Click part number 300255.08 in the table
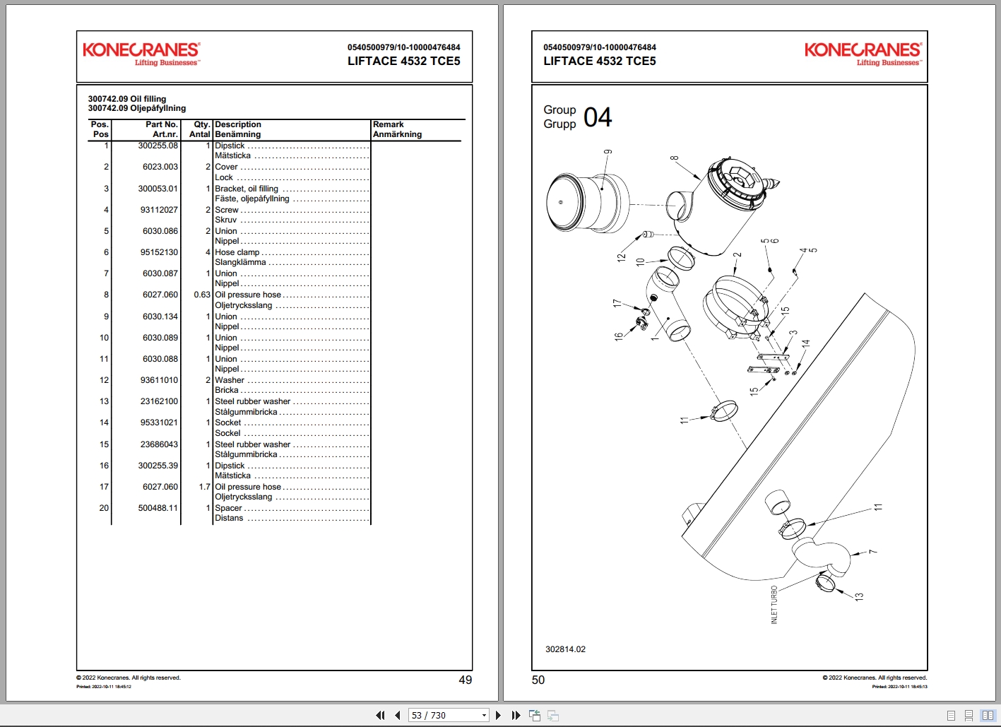coord(158,146)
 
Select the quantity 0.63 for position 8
coord(202,295)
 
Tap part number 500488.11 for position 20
coord(158,508)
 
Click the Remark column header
coord(389,124)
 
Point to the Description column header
coord(238,124)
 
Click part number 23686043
coord(159,444)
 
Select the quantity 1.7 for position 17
coord(205,487)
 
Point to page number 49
coord(465,680)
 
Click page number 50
coord(538,680)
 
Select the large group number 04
coord(598,117)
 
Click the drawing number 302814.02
coord(565,649)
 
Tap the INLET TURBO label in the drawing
coord(774,605)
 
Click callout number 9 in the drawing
coord(608,152)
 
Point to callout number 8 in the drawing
coord(675,158)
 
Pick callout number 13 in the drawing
coord(859,596)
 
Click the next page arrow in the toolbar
coord(499,715)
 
